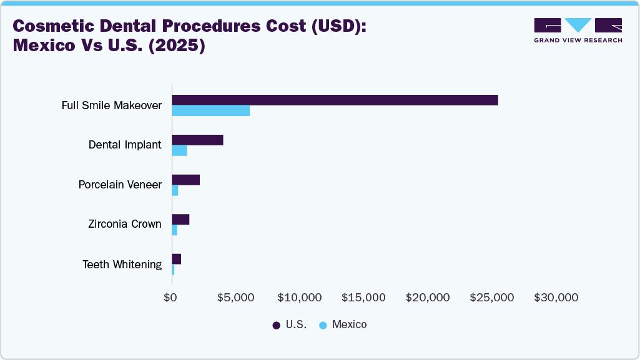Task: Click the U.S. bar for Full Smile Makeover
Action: (x=335, y=100)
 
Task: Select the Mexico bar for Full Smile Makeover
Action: (x=211, y=111)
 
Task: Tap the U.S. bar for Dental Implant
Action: (x=197, y=140)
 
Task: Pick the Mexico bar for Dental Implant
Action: (x=179, y=150)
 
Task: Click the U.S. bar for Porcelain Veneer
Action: (x=185, y=180)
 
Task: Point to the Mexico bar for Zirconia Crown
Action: (x=175, y=230)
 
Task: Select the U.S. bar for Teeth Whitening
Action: (x=177, y=259)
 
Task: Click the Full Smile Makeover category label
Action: (x=112, y=105)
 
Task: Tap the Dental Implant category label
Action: (x=125, y=145)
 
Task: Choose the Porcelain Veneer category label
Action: (x=120, y=185)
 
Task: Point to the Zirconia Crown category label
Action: (x=125, y=224)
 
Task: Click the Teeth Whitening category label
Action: (x=122, y=265)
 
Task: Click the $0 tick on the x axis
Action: (x=170, y=298)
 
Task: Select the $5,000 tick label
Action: (x=235, y=298)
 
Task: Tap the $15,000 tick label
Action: (x=363, y=298)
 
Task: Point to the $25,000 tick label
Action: (x=492, y=298)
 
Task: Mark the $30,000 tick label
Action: (x=556, y=298)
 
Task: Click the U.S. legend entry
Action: (x=290, y=325)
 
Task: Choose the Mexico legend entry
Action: (x=343, y=325)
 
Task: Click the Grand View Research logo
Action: (x=578, y=30)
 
